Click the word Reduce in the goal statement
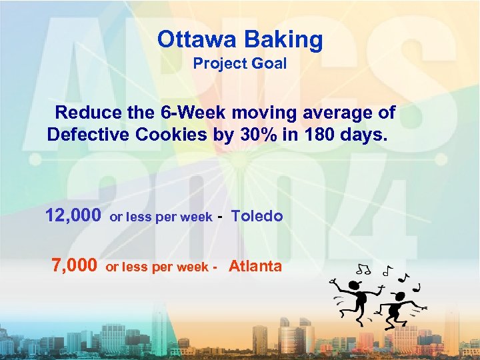89,113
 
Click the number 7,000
74,266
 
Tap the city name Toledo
257,217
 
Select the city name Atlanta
255,267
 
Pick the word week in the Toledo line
198,217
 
